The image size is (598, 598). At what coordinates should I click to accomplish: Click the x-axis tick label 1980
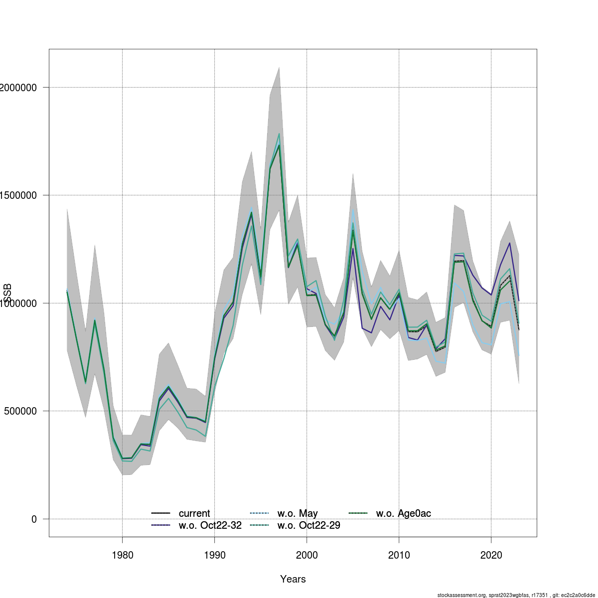[x=122, y=555]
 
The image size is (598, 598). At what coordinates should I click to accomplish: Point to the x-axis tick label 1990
[x=214, y=555]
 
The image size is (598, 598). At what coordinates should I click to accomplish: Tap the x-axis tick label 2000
[x=306, y=555]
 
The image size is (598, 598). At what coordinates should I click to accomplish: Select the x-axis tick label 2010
[x=399, y=555]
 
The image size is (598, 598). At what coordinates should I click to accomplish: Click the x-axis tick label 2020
[x=491, y=555]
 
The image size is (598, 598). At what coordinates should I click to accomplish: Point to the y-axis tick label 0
[x=34, y=519]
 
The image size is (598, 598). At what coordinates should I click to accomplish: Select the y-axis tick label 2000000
[x=17, y=88]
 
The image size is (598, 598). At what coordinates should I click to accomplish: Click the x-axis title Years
[x=293, y=579]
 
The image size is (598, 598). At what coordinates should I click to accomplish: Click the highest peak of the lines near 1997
[x=279, y=134]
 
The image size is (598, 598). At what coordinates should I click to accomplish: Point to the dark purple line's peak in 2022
[x=510, y=243]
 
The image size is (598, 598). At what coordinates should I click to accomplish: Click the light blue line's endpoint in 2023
[x=519, y=355]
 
